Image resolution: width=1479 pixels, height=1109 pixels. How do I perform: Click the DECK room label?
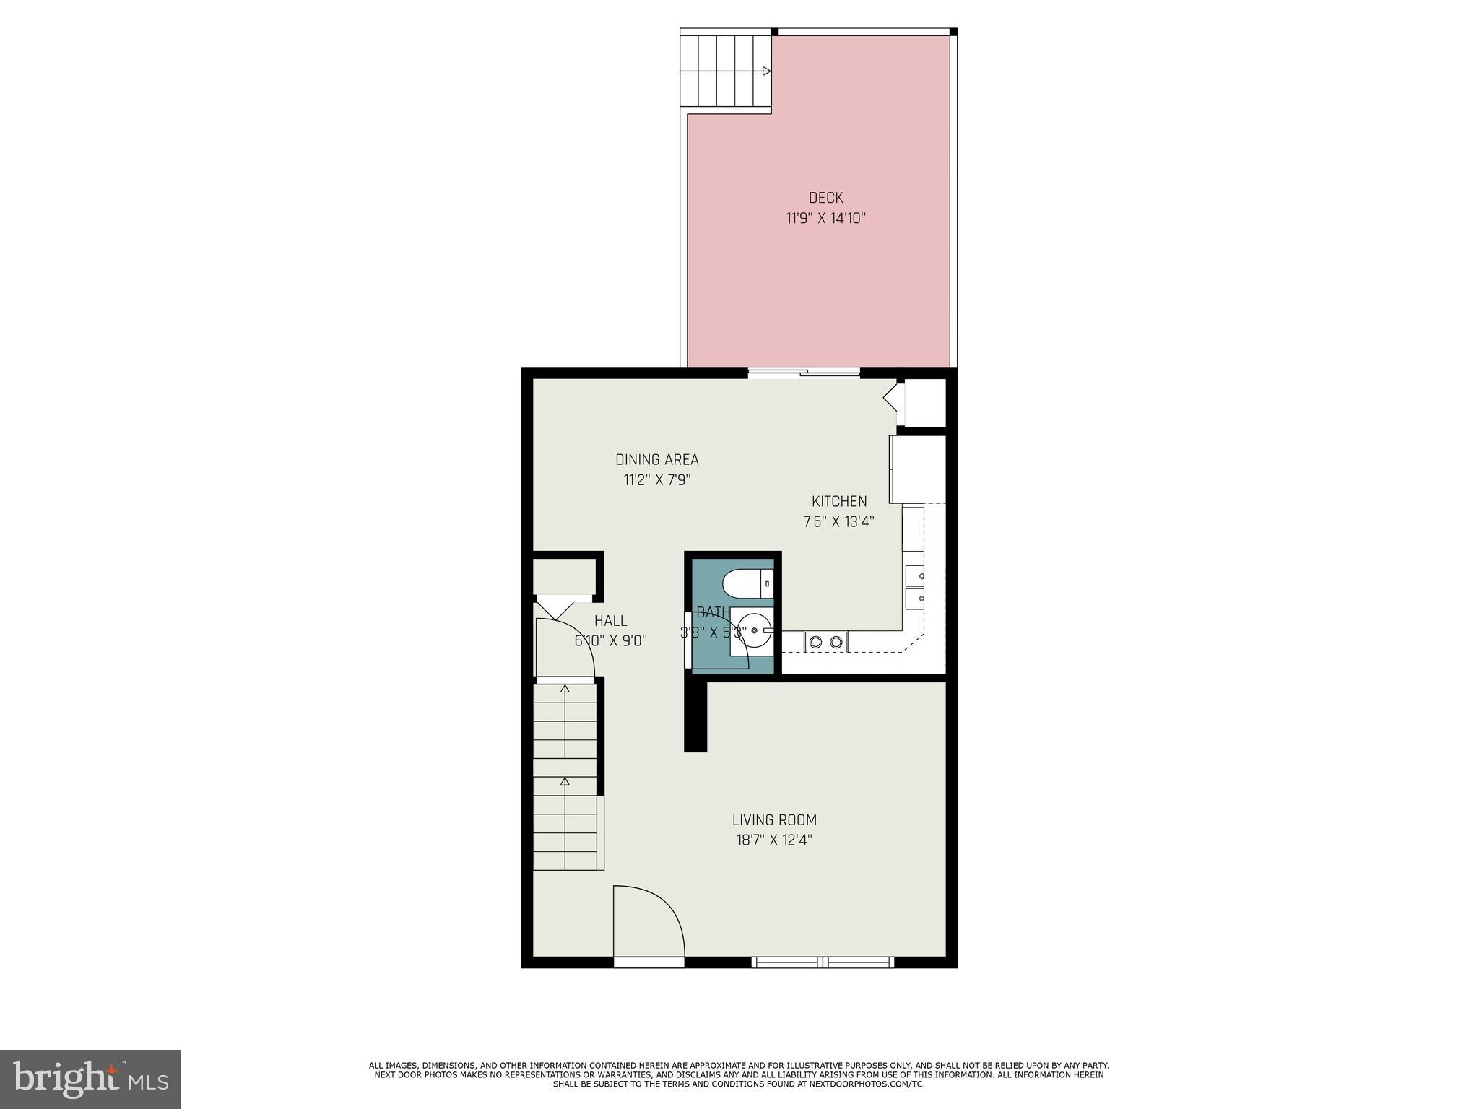coord(825,198)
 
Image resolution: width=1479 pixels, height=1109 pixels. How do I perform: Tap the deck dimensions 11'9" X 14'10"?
coord(825,218)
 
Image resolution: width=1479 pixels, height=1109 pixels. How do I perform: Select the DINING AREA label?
coord(656,460)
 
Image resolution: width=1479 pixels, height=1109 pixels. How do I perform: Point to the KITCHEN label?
coord(839,501)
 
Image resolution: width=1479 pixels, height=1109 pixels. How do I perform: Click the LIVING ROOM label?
coord(774,820)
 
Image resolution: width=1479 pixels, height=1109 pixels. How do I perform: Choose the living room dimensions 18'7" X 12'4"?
coord(774,840)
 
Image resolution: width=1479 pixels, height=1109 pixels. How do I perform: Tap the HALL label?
coord(610,621)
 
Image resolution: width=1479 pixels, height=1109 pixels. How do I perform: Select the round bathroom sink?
coord(752,630)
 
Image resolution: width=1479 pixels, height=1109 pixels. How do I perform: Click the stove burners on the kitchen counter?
coord(825,641)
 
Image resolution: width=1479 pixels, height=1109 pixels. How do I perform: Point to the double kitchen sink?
coord(916,587)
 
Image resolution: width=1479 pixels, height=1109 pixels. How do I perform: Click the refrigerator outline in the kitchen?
coord(918,469)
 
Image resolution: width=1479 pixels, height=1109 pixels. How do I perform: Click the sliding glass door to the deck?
coord(804,373)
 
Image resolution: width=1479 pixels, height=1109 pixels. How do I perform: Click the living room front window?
coord(823,962)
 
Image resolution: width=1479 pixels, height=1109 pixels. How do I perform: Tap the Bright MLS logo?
coord(90,1079)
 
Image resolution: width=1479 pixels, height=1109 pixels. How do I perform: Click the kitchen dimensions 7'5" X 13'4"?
coord(839,521)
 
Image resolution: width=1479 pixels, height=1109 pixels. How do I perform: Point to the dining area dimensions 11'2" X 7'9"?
coord(656,480)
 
